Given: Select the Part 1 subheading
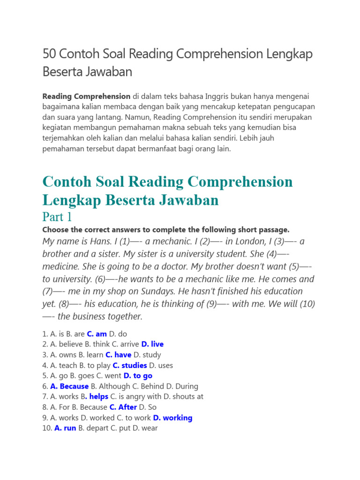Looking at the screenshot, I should pos(57,217).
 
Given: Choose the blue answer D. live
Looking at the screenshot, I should pos(152,344).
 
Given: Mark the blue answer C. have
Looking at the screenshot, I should pos(118,355).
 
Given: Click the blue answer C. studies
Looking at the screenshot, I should pos(130,365).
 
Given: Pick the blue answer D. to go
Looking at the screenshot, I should pos(137,375).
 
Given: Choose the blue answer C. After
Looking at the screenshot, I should pos(123,407).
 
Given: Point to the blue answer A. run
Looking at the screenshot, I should pos(65,428).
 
